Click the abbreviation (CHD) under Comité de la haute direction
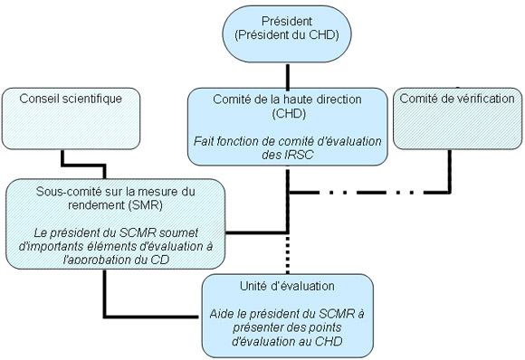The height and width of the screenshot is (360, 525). coord(286,116)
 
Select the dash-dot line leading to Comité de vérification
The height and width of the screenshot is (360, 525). coord(371,192)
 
